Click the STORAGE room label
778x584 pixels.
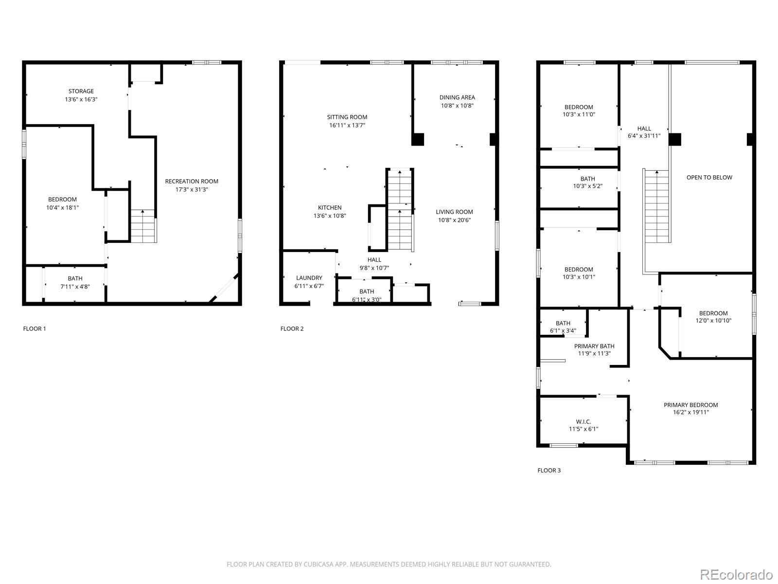click(x=81, y=91)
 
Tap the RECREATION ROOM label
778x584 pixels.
click(x=192, y=181)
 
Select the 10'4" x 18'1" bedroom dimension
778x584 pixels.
click(x=62, y=207)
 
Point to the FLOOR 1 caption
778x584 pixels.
click(x=35, y=328)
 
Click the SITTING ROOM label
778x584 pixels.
click(x=347, y=117)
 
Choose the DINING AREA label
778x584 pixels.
click(x=457, y=97)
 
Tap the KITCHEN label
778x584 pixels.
click(x=330, y=207)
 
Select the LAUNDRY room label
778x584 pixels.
click(x=309, y=278)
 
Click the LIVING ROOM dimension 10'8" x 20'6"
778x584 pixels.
click(x=454, y=220)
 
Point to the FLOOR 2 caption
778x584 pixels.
click(x=292, y=328)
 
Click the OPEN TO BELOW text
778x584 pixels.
click(x=709, y=177)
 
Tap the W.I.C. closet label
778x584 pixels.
click(x=583, y=421)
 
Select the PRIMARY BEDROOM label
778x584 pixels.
click(x=691, y=405)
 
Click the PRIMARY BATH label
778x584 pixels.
click(x=594, y=346)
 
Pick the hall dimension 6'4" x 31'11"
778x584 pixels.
click(x=644, y=136)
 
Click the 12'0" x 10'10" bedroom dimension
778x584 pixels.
click(x=713, y=321)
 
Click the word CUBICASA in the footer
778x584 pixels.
click(x=316, y=564)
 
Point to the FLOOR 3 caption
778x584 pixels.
click(x=549, y=471)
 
